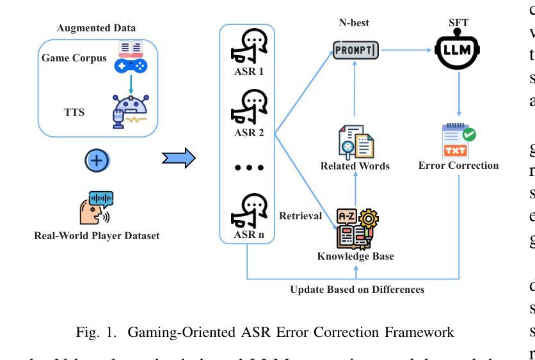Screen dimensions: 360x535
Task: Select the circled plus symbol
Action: pos(97,161)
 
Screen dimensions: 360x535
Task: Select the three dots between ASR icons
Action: pos(248,168)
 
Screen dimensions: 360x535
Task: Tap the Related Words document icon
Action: pos(356,142)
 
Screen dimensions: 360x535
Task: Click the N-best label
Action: pos(356,24)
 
